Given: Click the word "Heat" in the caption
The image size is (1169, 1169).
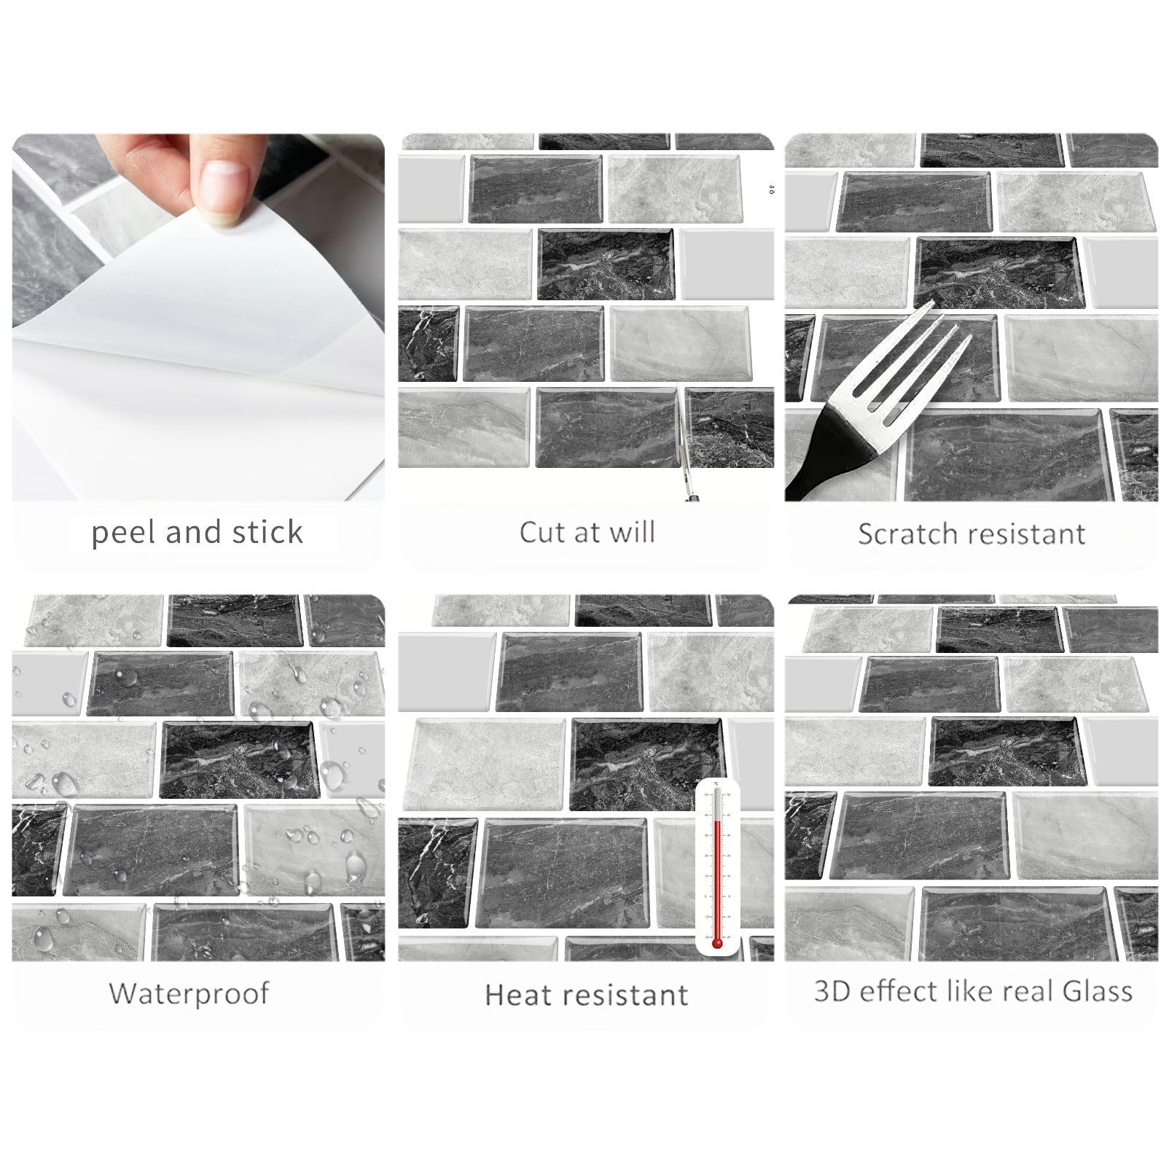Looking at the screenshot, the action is pos(517,995).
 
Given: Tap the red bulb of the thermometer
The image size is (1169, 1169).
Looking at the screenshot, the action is pos(717,943).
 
